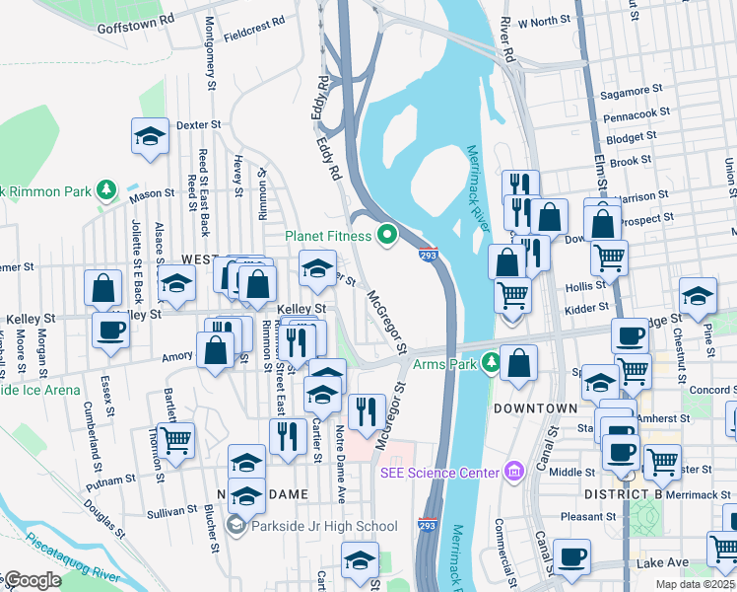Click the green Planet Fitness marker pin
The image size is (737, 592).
coord(387,235)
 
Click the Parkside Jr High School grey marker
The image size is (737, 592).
coord(235,526)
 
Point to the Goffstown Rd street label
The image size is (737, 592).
coord(135,24)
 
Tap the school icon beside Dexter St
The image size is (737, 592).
coord(149,137)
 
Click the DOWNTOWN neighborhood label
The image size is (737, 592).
coord(535,407)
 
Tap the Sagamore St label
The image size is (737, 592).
coord(635,95)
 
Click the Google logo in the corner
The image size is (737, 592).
coord(32,580)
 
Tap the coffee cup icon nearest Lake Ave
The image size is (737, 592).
coord(571,556)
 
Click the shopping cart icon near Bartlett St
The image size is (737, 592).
coord(175,440)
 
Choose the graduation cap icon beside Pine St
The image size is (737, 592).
coord(698,295)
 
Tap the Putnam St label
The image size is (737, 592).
coord(110,480)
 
